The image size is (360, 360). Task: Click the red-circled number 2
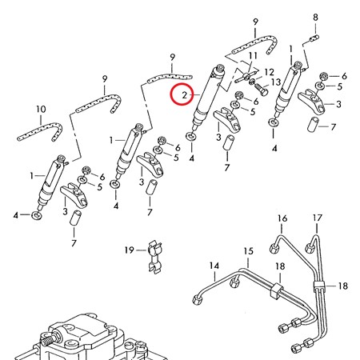click(x=184, y=96)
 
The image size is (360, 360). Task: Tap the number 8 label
click(x=315, y=17)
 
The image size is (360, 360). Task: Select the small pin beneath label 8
click(x=315, y=35)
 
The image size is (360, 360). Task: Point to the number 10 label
click(x=41, y=107)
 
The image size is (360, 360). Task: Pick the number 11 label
click(x=252, y=55)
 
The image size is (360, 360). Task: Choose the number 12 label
click(x=268, y=72)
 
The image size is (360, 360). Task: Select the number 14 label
click(x=214, y=266)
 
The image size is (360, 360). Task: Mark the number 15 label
click(x=248, y=251)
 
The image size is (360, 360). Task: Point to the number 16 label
click(x=282, y=218)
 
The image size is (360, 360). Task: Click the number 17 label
click(x=317, y=218)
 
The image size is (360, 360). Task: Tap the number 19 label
click(x=129, y=250)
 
